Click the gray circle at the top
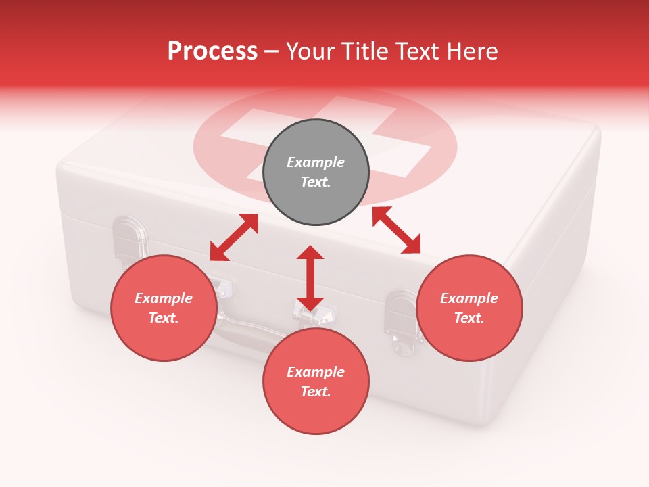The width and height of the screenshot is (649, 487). pos(316,172)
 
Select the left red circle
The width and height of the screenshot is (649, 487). pos(164,308)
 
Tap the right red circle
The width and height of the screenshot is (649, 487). pos(469,308)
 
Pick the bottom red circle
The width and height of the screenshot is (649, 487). pos(316,381)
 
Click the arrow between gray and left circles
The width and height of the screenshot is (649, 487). pos(234,237)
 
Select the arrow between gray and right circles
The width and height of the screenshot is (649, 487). pos(396,230)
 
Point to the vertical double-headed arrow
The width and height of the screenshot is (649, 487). pos(310,278)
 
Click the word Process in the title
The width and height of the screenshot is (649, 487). pos(212,51)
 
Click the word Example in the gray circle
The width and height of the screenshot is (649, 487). pos(316,162)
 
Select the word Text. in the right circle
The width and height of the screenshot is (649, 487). pos(469,318)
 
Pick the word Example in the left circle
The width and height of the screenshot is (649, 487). pos(164,298)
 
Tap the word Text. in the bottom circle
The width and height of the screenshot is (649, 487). pos(316,392)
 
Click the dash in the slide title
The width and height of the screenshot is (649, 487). pos(272,51)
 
